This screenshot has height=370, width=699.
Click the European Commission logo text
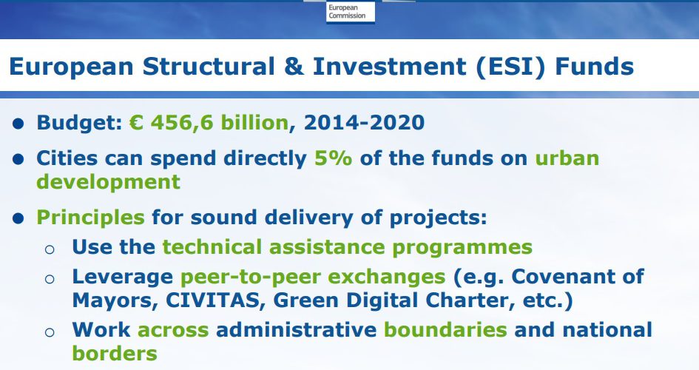coord(347,12)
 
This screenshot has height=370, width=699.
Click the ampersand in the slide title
coord(294,67)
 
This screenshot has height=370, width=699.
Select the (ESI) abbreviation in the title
coord(511,67)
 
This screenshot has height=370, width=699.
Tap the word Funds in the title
coord(594,67)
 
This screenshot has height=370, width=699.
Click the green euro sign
coord(136,123)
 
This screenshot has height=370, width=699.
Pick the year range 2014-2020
coord(364,123)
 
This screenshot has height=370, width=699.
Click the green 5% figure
coord(333,158)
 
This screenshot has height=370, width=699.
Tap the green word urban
coord(567,158)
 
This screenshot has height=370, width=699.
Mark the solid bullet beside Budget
coord(18,124)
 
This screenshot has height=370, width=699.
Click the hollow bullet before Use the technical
coord(50,249)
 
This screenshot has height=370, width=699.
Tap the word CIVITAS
coord(212,300)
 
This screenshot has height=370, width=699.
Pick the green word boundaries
coord(445,330)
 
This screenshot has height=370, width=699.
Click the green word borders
coord(115,353)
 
